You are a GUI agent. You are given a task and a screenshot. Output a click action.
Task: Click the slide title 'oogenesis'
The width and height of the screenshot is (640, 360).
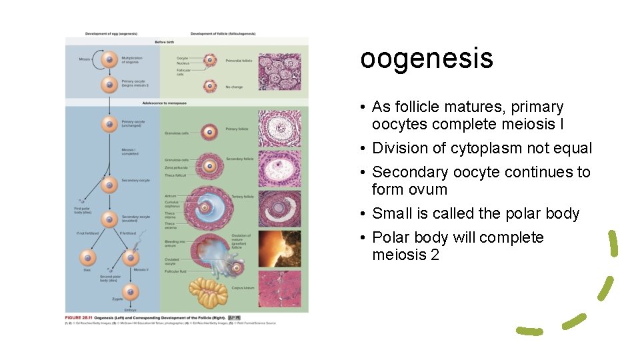426,58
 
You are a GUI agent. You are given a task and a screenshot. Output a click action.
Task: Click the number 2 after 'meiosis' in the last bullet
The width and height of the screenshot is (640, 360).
435,255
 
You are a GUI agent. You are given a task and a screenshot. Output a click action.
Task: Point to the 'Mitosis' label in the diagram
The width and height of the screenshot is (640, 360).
84,59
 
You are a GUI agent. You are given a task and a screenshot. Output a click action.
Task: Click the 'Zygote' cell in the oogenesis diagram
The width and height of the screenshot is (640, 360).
131,291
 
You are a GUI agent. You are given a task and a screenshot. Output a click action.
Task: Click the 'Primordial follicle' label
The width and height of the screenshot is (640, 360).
239,61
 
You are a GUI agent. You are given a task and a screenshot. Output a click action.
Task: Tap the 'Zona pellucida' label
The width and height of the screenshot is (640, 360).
176,167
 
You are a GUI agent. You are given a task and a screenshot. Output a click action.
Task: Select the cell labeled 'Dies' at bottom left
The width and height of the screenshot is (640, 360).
87,257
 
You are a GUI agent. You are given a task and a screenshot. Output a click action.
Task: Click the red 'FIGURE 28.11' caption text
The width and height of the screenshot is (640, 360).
78,317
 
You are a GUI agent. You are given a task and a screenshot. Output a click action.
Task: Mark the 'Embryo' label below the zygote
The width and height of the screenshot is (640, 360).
130,310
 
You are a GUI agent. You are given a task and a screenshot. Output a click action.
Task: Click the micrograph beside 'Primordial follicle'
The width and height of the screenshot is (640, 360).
279,67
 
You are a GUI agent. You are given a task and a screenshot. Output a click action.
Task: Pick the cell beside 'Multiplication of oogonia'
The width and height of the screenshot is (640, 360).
108,61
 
